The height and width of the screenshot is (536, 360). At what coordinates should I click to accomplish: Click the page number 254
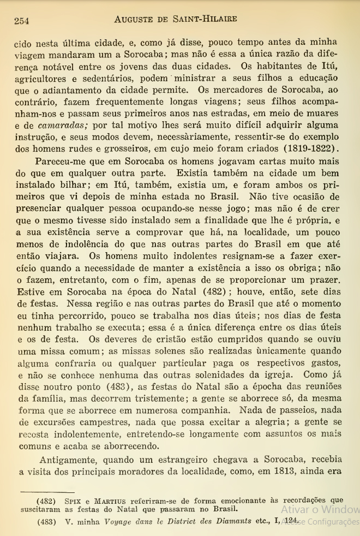tap(21, 20)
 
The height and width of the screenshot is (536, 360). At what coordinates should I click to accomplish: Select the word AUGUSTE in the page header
tap(140, 19)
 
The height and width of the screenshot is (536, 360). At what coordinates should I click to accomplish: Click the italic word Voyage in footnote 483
tap(119, 521)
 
